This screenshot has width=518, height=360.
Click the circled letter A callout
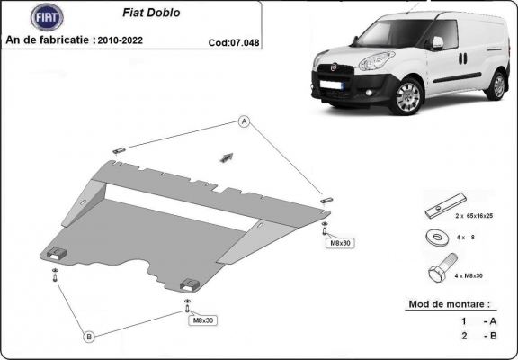tap(244, 122)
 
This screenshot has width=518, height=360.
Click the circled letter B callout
tap(89, 337)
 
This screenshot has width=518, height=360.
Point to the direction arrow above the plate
tap(226, 157)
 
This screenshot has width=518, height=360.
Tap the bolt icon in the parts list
tap(441, 271)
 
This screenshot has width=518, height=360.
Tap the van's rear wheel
tap(496, 85)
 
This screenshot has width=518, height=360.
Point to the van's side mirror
tap(438, 42)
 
